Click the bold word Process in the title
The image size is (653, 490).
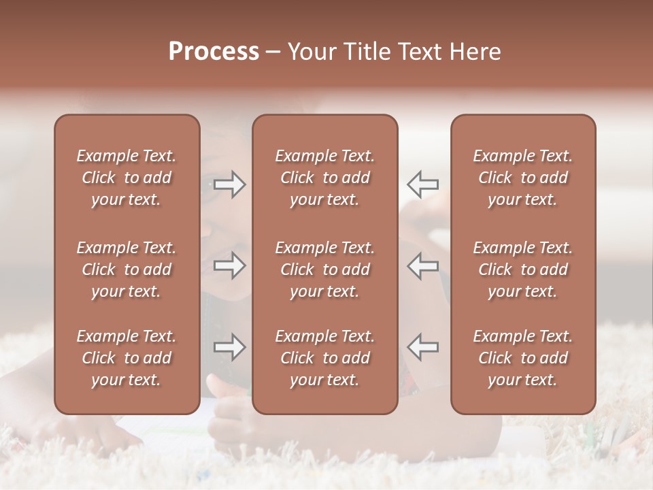214,52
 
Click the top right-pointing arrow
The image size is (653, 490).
229,184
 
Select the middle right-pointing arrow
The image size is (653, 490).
229,265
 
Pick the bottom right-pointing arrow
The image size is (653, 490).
229,347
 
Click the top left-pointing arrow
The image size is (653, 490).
423,184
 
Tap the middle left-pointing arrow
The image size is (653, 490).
423,265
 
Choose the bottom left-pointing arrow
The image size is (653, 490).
423,347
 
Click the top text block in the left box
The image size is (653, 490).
127,178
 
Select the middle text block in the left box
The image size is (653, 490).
127,269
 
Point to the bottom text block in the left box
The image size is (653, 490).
127,358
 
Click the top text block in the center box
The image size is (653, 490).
325,178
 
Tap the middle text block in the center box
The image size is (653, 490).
325,269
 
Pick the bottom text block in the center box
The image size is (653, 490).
325,358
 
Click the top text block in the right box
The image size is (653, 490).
523,178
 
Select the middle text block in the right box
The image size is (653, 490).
523,269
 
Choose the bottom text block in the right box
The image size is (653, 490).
523,358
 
